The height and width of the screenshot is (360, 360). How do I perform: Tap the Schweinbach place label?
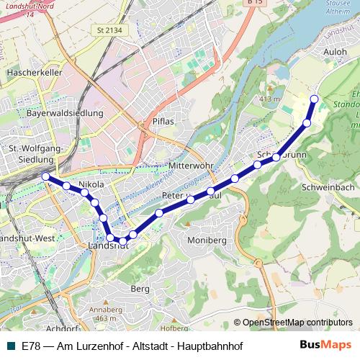pos(329,186)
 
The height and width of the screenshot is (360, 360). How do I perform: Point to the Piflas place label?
pos(163,122)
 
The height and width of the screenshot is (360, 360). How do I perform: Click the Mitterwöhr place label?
pos(191,166)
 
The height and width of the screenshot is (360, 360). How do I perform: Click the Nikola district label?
pos(91,185)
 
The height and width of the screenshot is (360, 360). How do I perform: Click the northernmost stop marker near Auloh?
pos(313,99)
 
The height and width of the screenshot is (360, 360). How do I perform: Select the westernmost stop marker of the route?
pos(45,176)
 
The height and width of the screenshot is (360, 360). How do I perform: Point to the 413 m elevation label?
pos(268,99)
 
